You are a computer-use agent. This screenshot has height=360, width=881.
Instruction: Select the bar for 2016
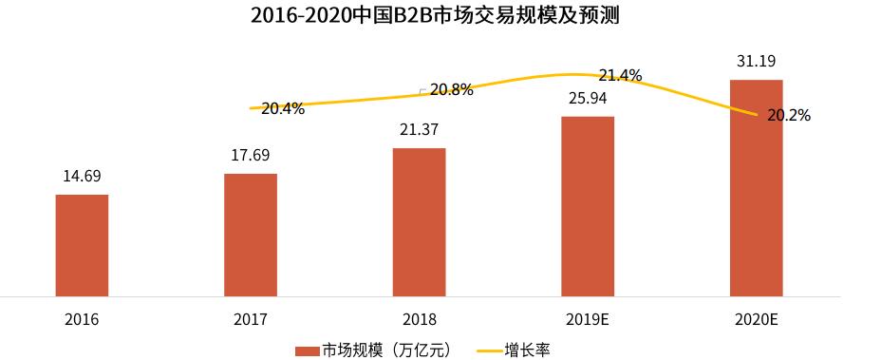(82, 245)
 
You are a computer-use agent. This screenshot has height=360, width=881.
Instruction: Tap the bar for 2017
(251, 235)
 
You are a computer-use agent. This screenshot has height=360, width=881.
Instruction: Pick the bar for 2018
(419, 222)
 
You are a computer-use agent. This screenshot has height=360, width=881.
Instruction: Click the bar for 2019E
(588, 206)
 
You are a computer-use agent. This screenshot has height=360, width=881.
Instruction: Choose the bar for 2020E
(756, 188)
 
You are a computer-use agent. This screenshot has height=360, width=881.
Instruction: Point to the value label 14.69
(82, 176)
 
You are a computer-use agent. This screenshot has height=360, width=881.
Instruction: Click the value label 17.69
(251, 155)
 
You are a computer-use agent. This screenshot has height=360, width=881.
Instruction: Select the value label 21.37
(419, 129)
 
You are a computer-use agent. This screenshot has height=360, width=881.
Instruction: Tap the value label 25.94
(588, 98)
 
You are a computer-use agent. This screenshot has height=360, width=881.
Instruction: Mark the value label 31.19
(756, 62)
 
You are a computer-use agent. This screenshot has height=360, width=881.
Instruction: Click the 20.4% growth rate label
(283, 108)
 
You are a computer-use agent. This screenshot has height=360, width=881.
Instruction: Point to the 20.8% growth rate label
(451, 89)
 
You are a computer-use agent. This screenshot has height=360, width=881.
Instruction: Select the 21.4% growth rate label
(620, 75)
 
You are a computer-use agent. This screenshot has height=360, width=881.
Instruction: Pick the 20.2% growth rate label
(789, 116)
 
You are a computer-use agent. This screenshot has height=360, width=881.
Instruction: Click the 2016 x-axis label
(82, 319)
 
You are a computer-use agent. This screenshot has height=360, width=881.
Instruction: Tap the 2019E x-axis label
(588, 319)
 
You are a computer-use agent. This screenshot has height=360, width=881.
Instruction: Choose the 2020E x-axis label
(756, 319)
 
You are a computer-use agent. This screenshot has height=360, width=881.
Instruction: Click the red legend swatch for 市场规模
(307, 350)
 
